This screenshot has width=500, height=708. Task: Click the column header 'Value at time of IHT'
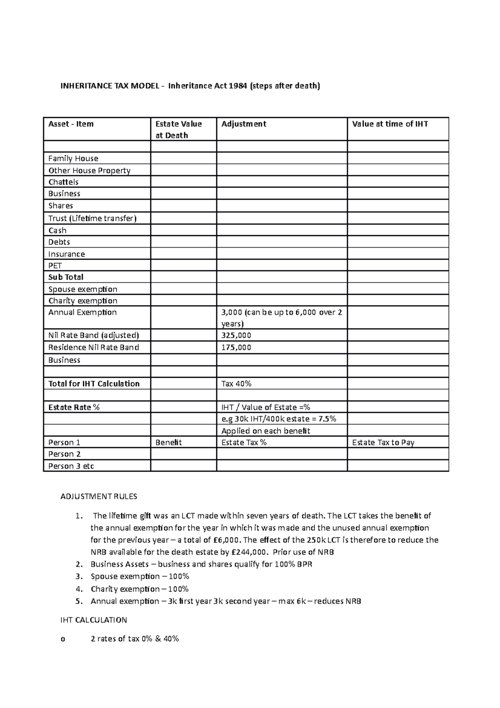390,124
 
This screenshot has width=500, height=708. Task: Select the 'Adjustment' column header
243,124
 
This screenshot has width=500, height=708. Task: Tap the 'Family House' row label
73,158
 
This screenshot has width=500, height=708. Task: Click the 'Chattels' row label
63,182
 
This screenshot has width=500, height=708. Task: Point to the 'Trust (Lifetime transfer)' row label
92,218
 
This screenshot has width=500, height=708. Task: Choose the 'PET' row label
55,266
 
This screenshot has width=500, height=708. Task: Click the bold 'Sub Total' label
66,277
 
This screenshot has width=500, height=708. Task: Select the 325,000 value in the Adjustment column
236,335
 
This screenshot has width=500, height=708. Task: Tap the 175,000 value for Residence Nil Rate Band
236,347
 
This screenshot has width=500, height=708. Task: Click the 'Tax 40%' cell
236,384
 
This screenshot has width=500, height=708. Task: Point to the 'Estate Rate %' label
74,407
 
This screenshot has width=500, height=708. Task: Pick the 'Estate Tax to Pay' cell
383,442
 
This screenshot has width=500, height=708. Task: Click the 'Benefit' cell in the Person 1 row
168,442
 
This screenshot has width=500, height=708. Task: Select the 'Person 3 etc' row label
71,466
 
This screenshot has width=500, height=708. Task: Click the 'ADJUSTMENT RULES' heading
99,497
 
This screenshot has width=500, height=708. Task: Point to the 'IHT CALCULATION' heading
94,620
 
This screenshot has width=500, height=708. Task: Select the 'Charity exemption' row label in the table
82,301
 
